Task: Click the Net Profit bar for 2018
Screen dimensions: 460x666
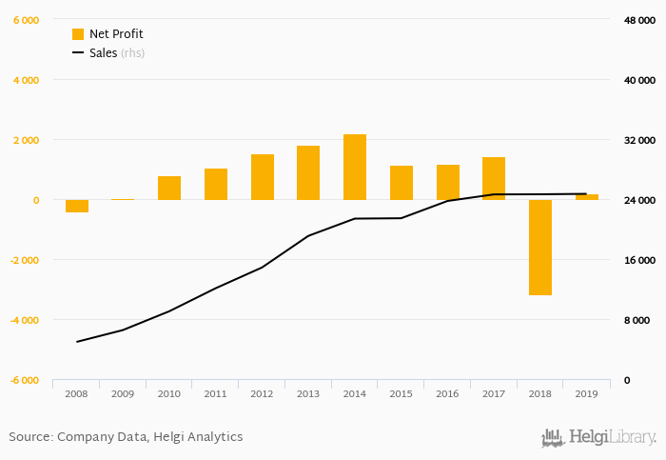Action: pos(540,248)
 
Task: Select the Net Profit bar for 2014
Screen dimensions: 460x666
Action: pos(355,168)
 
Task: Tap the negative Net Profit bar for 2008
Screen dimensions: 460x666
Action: pos(77,206)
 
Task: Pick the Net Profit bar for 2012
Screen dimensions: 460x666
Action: pos(263,177)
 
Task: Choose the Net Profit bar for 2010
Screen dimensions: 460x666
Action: pos(169,188)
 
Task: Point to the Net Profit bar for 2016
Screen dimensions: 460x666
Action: pos(447,182)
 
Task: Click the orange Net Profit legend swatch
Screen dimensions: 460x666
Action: pos(78,34)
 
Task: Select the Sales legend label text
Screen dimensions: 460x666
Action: pos(103,53)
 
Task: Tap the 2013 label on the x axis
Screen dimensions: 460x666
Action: pos(308,393)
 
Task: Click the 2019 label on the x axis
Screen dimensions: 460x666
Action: pos(586,393)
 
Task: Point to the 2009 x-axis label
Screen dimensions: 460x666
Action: pos(123,393)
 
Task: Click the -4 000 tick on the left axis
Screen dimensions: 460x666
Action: pos(26,320)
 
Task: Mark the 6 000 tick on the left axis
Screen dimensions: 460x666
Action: pos(26,20)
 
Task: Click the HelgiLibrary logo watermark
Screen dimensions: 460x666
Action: pos(598,438)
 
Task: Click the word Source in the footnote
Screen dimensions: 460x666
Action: pos(29,437)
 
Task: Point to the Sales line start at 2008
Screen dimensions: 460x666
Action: pos(77,341)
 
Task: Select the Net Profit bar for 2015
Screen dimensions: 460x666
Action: pos(402,183)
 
